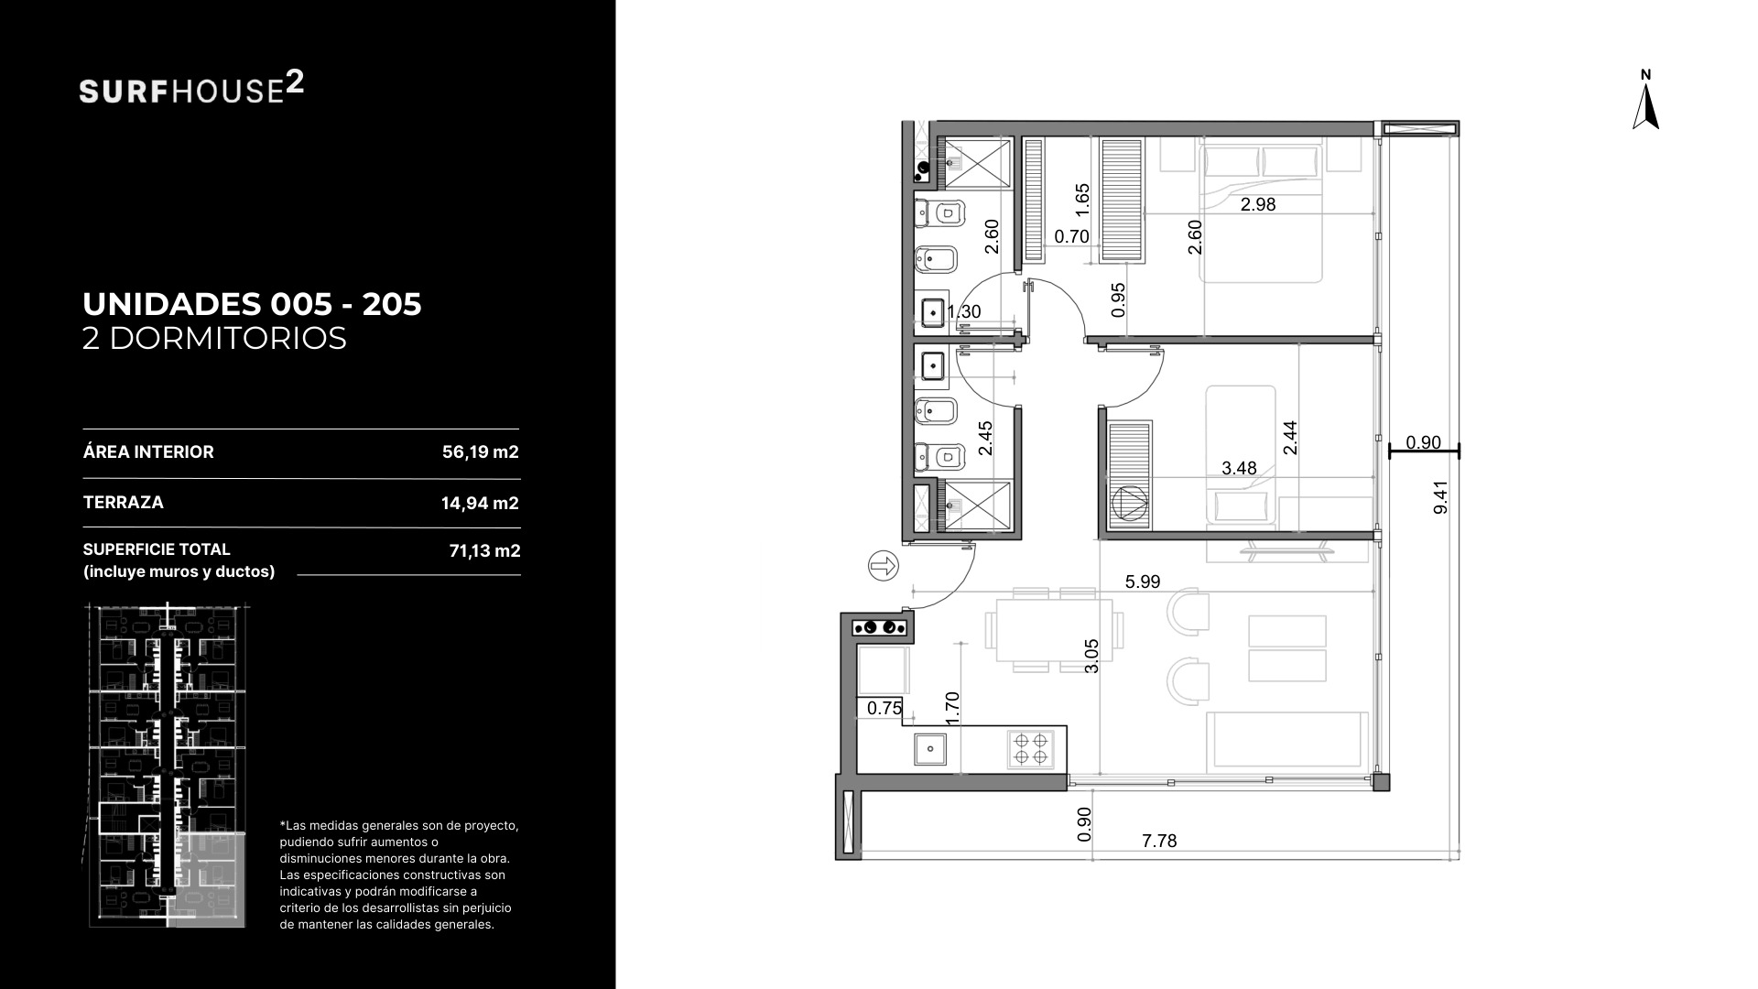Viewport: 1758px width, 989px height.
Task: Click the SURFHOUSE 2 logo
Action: point(192,89)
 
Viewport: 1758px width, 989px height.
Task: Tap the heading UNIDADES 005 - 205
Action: point(252,304)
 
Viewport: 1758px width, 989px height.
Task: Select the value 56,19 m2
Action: point(481,451)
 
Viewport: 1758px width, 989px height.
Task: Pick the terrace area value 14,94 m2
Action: point(480,503)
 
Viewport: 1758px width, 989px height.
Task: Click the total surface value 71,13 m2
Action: point(484,550)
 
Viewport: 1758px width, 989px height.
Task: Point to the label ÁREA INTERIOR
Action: point(148,451)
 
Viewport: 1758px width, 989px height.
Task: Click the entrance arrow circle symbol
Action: point(884,567)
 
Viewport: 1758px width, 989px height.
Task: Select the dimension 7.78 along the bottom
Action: point(1159,841)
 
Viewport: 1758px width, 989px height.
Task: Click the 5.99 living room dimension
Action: point(1143,581)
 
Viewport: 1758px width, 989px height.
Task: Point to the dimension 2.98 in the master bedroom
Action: point(1258,204)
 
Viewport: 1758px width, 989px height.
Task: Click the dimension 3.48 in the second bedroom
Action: point(1239,468)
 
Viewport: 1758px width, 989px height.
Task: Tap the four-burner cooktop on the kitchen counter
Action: point(1029,748)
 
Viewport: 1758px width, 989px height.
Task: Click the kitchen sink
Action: point(931,748)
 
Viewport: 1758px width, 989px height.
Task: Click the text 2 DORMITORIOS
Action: point(214,339)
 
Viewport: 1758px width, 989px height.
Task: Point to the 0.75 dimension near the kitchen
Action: point(884,708)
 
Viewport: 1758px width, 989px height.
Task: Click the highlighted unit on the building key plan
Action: point(212,880)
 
